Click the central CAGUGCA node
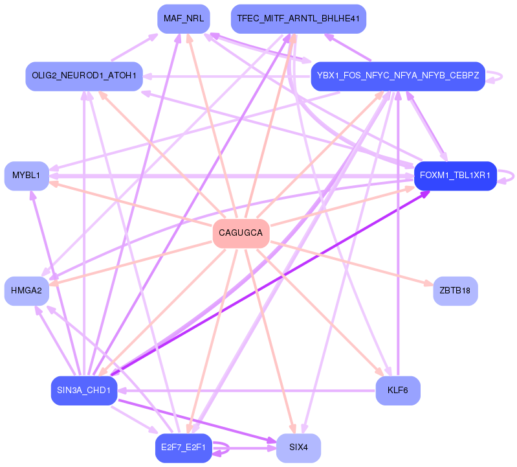point(241,233)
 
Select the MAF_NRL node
point(184,19)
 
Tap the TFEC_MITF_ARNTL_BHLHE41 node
point(298,19)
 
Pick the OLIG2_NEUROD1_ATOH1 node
point(84,76)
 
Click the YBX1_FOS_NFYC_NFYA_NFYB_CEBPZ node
point(398,76)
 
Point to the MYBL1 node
point(27,176)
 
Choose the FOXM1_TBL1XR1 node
point(455,176)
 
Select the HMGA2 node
point(27,291)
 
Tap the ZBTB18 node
point(455,291)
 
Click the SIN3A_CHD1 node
point(84,391)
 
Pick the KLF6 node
point(398,391)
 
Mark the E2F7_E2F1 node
point(184,448)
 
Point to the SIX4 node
point(298,448)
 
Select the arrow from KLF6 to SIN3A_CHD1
point(246,391)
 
